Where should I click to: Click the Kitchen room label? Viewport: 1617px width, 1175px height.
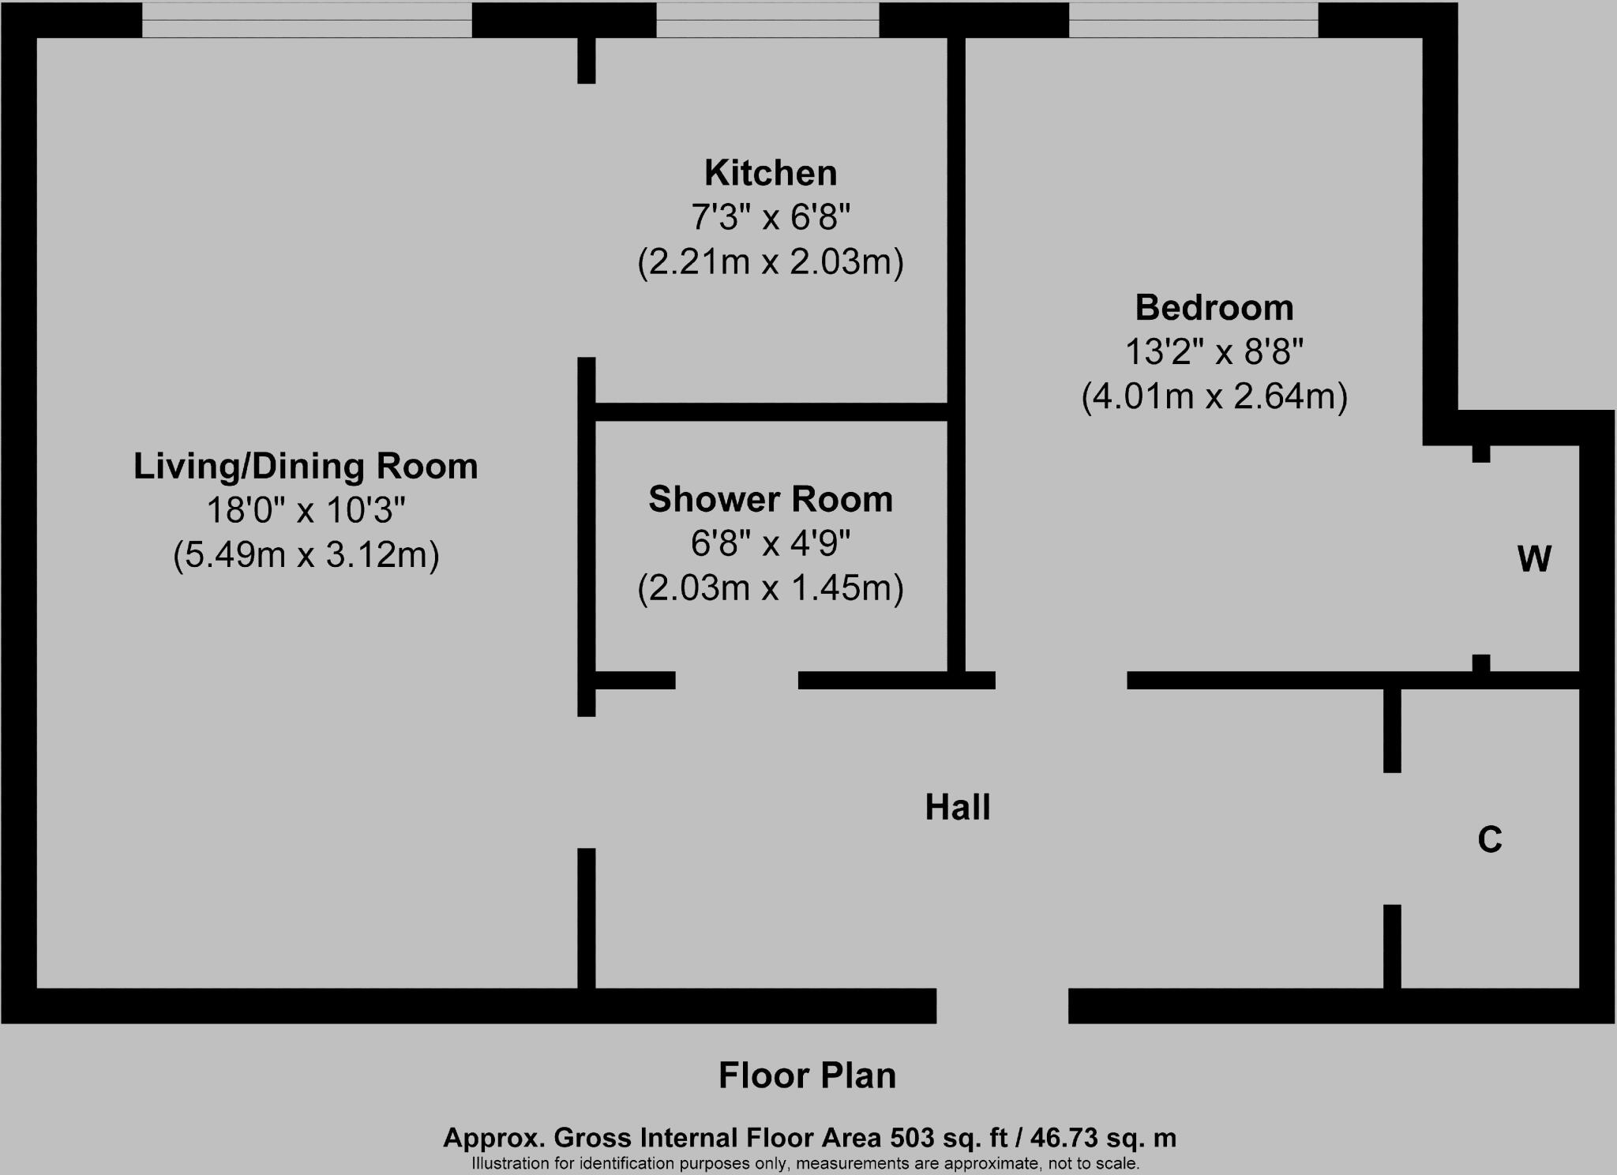coord(771,173)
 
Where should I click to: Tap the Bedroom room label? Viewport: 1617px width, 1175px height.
coord(1214,307)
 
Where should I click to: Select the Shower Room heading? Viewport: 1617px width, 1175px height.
coord(771,499)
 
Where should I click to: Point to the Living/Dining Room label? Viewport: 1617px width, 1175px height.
coord(306,466)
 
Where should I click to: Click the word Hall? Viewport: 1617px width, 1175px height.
coord(957,808)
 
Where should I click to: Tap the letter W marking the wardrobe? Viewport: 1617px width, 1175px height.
coord(1534,559)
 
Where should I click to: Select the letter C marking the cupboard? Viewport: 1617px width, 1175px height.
coord(1489,839)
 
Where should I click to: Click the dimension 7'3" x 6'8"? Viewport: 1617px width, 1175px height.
coord(771,217)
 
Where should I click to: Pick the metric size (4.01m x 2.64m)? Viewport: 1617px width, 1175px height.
coord(1214,396)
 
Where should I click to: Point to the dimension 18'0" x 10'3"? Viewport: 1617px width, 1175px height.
coord(306,511)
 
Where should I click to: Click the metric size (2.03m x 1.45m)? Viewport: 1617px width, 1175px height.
coord(771,588)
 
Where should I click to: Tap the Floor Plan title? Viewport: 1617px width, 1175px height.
coord(807,1076)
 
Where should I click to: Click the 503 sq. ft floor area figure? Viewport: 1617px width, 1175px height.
coord(949,1138)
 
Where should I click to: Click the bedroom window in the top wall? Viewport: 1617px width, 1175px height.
coord(1193,19)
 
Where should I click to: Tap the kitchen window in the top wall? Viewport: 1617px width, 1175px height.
coord(767,19)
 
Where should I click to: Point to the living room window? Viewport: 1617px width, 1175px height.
coord(306,19)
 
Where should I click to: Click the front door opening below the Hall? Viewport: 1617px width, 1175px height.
coord(1002,1005)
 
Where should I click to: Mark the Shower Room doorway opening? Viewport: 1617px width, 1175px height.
coord(737,680)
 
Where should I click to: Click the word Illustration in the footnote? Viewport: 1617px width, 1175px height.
coord(510,1163)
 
